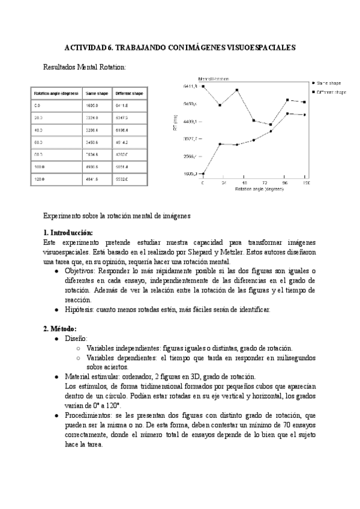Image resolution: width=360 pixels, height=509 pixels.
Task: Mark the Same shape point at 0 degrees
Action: point(203,173)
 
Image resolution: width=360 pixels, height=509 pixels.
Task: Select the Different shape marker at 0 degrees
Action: point(203,86)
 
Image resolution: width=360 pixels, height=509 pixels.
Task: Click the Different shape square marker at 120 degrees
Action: point(305,102)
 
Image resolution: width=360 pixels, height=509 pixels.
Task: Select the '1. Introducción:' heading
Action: point(68,232)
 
